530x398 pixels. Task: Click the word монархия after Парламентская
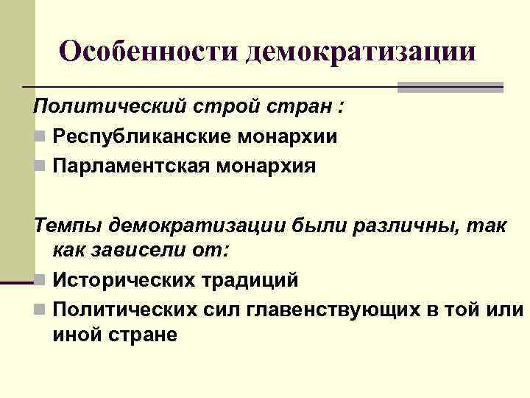pyautogui.click(x=269, y=166)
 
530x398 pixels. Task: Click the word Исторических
pyautogui.click(x=126, y=280)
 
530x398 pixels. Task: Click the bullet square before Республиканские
pyautogui.click(x=39, y=137)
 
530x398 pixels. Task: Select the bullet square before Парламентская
pyautogui.click(x=39, y=167)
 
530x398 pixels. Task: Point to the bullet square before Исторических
pyautogui.click(x=39, y=281)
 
